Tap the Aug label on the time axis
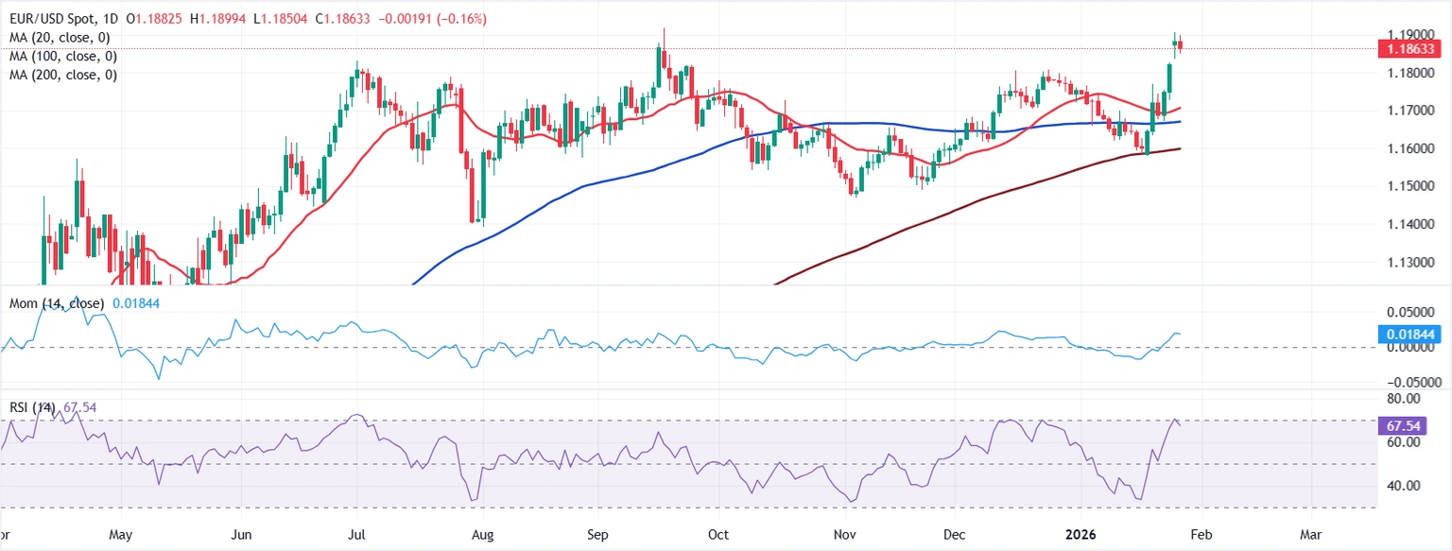(x=482, y=535)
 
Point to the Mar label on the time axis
(x=1310, y=535)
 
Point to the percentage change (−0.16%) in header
(x=462, y=19)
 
